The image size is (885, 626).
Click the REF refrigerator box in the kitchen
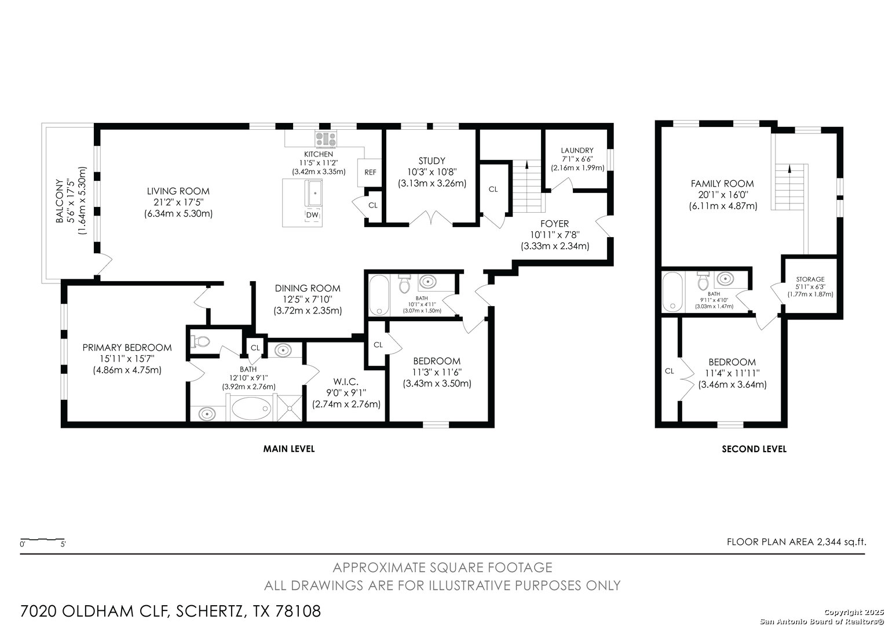370,172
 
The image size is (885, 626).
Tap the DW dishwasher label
312,215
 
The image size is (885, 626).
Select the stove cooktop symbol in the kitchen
326,139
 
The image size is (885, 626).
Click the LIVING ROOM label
178,191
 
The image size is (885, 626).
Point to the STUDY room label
432,161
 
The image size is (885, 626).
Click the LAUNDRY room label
577,150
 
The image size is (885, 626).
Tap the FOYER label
555,223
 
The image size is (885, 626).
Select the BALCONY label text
59,201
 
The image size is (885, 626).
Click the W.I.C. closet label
346,381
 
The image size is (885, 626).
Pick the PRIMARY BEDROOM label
127,348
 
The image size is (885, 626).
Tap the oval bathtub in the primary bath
251,409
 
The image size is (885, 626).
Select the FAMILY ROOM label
722,184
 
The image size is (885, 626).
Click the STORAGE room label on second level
810,279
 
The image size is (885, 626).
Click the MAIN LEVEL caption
289,449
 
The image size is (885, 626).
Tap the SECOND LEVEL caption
754,449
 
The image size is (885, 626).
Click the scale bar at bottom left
43,540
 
